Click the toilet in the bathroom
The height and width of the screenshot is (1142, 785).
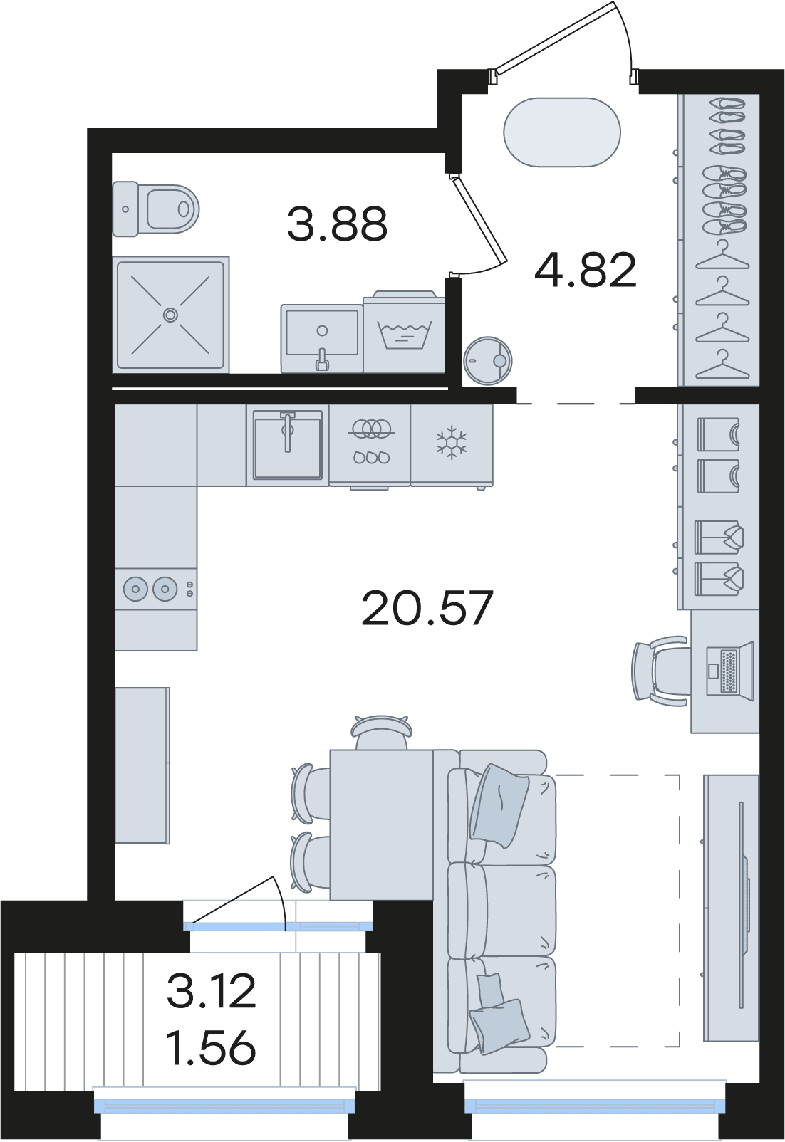[155, 209]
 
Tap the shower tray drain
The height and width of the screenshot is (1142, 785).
[170, 315]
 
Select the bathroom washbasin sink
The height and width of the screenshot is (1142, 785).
[322, 338]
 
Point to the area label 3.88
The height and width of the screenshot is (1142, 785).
[337, 224]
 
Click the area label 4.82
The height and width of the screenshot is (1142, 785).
[586, 270]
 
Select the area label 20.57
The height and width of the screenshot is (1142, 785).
[427, 608]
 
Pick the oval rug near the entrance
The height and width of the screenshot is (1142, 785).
[562, 132]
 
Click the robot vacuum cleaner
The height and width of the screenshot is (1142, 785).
[488, 360]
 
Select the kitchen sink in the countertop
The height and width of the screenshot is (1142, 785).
[288, 445]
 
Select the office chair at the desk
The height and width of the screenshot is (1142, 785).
[660, 671]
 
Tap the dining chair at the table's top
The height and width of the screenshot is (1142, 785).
[380, 732]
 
